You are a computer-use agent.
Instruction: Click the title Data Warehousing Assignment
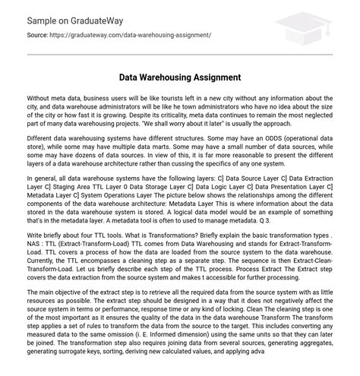tap(180, 77)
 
